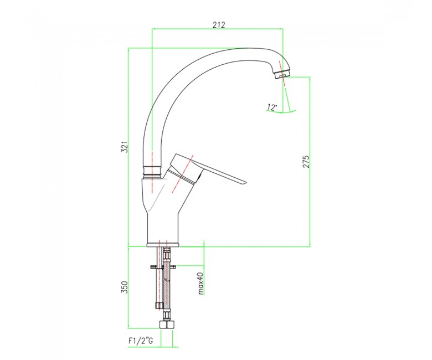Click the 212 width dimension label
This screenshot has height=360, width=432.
(x=219, y=25)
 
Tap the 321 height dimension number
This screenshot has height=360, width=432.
(x=125, y=147)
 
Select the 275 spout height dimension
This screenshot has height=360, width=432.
(x=306, y=161)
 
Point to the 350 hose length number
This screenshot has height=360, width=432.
(x=125, y=287)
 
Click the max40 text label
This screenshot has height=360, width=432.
(x=200, y=284)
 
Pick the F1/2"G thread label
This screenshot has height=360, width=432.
(x=141, y=341)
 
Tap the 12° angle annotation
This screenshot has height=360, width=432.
(x=271, y=107)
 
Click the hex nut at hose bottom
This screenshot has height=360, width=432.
(x=167, y=325)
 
